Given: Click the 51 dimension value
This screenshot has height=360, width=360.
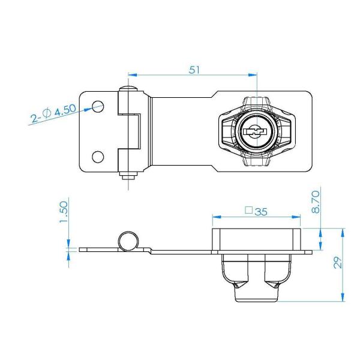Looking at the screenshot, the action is click(194, 70).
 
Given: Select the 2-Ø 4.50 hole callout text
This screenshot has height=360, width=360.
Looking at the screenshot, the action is click(53, 113).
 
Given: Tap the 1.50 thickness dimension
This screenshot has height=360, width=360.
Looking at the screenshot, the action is click(64, 212).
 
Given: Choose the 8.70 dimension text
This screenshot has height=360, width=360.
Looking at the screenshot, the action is click(316, 202).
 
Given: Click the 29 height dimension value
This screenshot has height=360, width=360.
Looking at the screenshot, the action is click(337, 263).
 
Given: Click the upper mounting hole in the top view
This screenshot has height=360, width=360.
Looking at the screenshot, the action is click(98, 106).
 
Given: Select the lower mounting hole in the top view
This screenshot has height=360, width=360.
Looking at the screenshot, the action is click(98, 157).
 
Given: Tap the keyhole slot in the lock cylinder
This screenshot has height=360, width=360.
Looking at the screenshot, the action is click(255, 131).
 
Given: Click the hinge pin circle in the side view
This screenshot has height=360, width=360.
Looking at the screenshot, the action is click(128, 241).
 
